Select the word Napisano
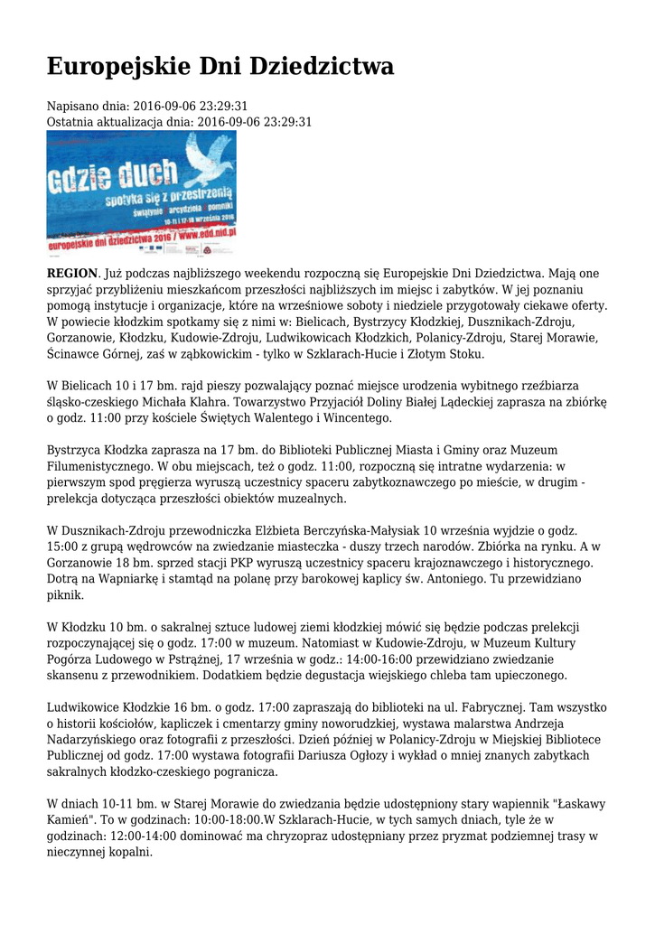pyautogui.click(x=73, y=106)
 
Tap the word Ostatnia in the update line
pyautogui.click(x=71, y=121)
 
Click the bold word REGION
pyautogui.click(x=71, y=274)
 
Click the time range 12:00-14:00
pyautogui.click(x=145, y=836)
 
